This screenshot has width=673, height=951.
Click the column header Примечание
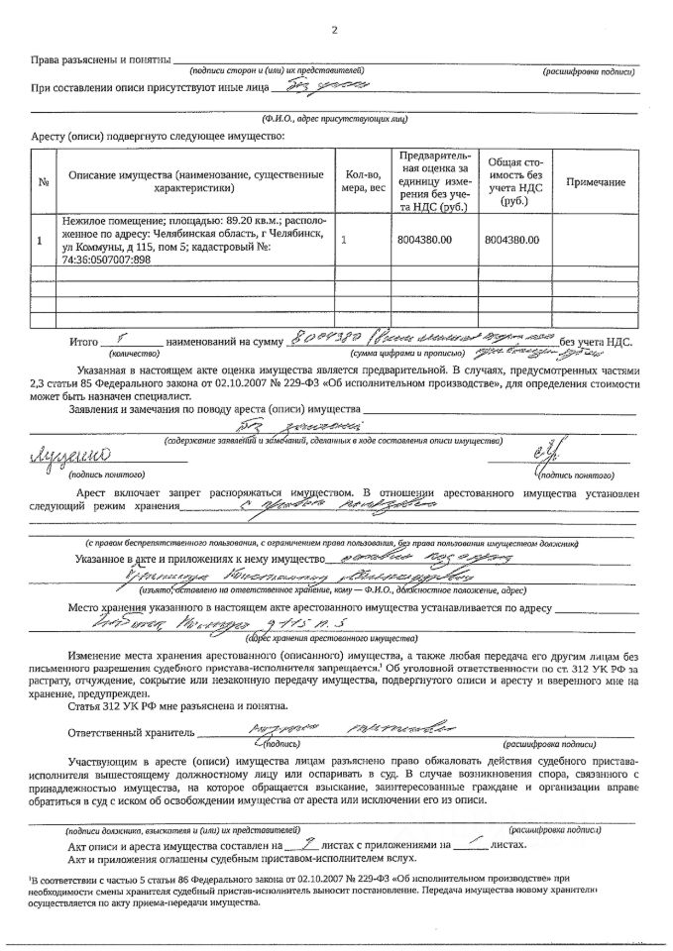pos(596,182)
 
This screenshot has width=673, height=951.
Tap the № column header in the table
pos(44,182)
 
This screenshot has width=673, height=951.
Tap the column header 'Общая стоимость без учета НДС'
pos(513,181)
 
